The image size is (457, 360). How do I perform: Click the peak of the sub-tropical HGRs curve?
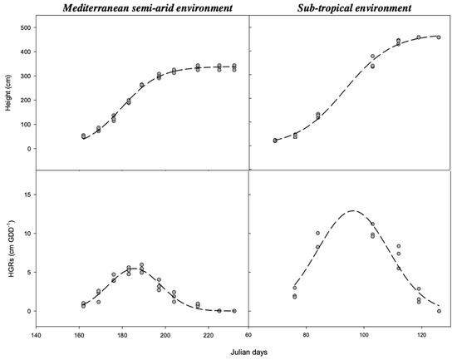tap(353, 210)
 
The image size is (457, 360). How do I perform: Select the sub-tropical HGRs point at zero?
tap(439, 311)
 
